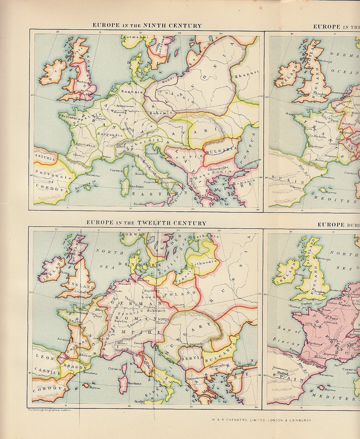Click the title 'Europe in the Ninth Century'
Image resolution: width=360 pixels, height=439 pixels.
tap(147, 26)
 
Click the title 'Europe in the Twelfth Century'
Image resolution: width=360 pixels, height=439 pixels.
tap(146, 223)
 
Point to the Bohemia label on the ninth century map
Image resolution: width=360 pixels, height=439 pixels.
tap(161, 113)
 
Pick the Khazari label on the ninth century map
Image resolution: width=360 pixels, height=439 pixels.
tap(247, 76)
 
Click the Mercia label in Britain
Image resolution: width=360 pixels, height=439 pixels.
tap(82, 81)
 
